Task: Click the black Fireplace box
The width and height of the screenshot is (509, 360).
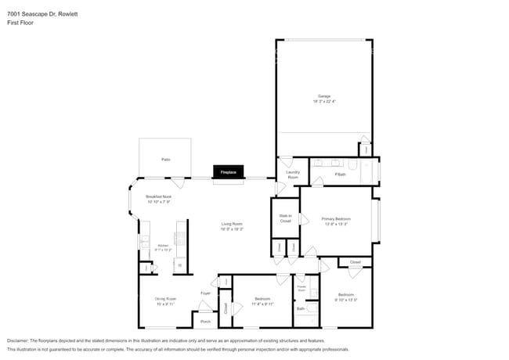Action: tap(229, 171)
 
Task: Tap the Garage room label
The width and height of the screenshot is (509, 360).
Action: tap(324, 96)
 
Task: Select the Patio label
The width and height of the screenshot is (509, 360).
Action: tap(166, 159)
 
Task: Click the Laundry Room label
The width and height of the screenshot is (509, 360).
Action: tap(292, 175)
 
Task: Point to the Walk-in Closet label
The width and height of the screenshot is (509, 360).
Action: tap(285, 219)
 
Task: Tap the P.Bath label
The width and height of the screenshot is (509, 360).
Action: tap(340, 174)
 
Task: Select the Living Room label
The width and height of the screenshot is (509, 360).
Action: tap(232, 224)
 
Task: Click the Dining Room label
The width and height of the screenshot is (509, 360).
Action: tap(164, 298)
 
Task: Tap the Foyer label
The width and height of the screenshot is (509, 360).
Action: tap(205, 293)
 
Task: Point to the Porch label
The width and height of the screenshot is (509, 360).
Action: tap(205, 321)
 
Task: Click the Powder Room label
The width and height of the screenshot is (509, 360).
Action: tap(301, 289)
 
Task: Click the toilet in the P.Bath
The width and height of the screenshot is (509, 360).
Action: tap(353, 166)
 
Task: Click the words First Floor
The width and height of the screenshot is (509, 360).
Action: tap(21, 23)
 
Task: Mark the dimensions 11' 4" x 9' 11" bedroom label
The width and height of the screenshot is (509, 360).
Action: tap(262, 303)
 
